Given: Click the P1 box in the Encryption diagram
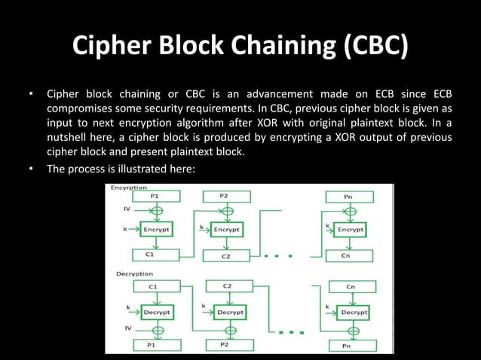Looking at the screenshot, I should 155,197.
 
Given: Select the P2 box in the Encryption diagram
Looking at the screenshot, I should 224,196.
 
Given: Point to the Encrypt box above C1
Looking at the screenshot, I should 155,227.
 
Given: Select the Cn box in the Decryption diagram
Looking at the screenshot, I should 351,287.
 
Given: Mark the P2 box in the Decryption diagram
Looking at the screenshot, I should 224,344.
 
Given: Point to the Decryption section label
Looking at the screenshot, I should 134,274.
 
